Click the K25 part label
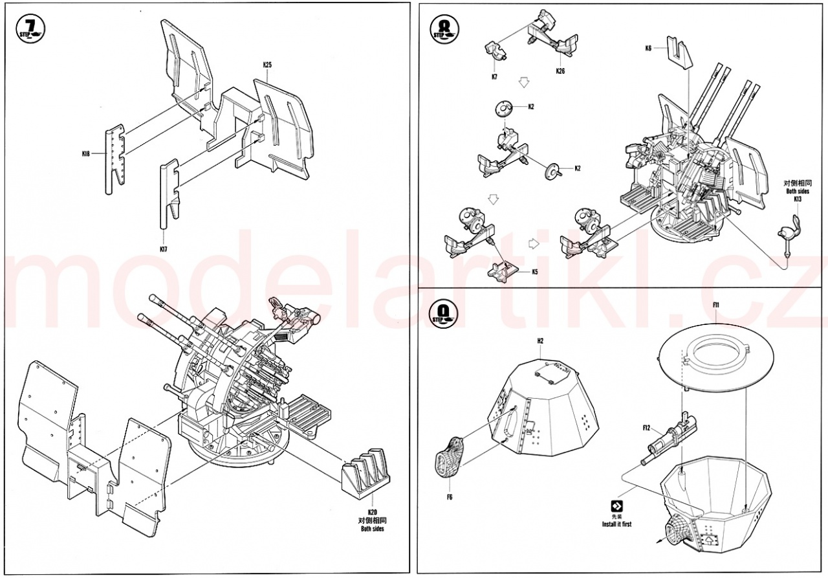[x=267, y=65]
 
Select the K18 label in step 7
[x=86, y=153]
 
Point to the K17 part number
[x=163, y=249]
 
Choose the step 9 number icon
[x=443, y=315]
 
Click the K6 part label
[x=649, y=48]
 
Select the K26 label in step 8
[x=560, y=71]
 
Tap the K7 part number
[x=494, y=76]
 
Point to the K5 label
[x=535, y=272]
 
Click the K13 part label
[x=798, y=199]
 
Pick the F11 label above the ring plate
[x=716, y=304]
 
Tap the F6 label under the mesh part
[x=449, y=497]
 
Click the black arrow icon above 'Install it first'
[x=616, y=506]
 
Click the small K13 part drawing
[x=790, y=230]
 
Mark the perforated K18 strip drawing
[x=114, y=159]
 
